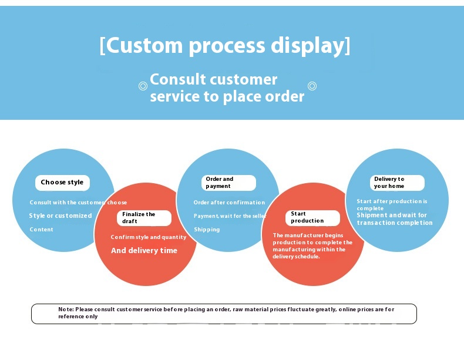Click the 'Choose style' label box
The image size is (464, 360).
(62, 183)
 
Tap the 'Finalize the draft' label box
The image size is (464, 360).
(144, 218)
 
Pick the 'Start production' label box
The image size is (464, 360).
(313, 218)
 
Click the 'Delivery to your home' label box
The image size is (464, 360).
(397, 183)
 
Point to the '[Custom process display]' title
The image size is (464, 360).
(225, 45)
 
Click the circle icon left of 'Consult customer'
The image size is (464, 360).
(142, 86)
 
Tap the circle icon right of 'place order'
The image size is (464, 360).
(312, 86)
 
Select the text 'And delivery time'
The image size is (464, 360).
(144, 251)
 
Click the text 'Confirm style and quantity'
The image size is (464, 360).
(148, 237)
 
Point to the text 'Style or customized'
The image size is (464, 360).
(60, 216)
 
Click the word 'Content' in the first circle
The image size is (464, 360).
(41, 230)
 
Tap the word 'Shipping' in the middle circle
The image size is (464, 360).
(207, 230)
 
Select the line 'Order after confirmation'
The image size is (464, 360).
(229, 203)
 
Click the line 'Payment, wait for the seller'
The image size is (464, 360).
(230, 216)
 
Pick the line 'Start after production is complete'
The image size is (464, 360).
(392, 204)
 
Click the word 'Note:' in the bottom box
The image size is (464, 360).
(66, 309)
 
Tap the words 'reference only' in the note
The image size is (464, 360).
(78, 317)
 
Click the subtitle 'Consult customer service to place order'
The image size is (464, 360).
(227, 88)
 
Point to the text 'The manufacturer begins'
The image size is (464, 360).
(308, 235)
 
